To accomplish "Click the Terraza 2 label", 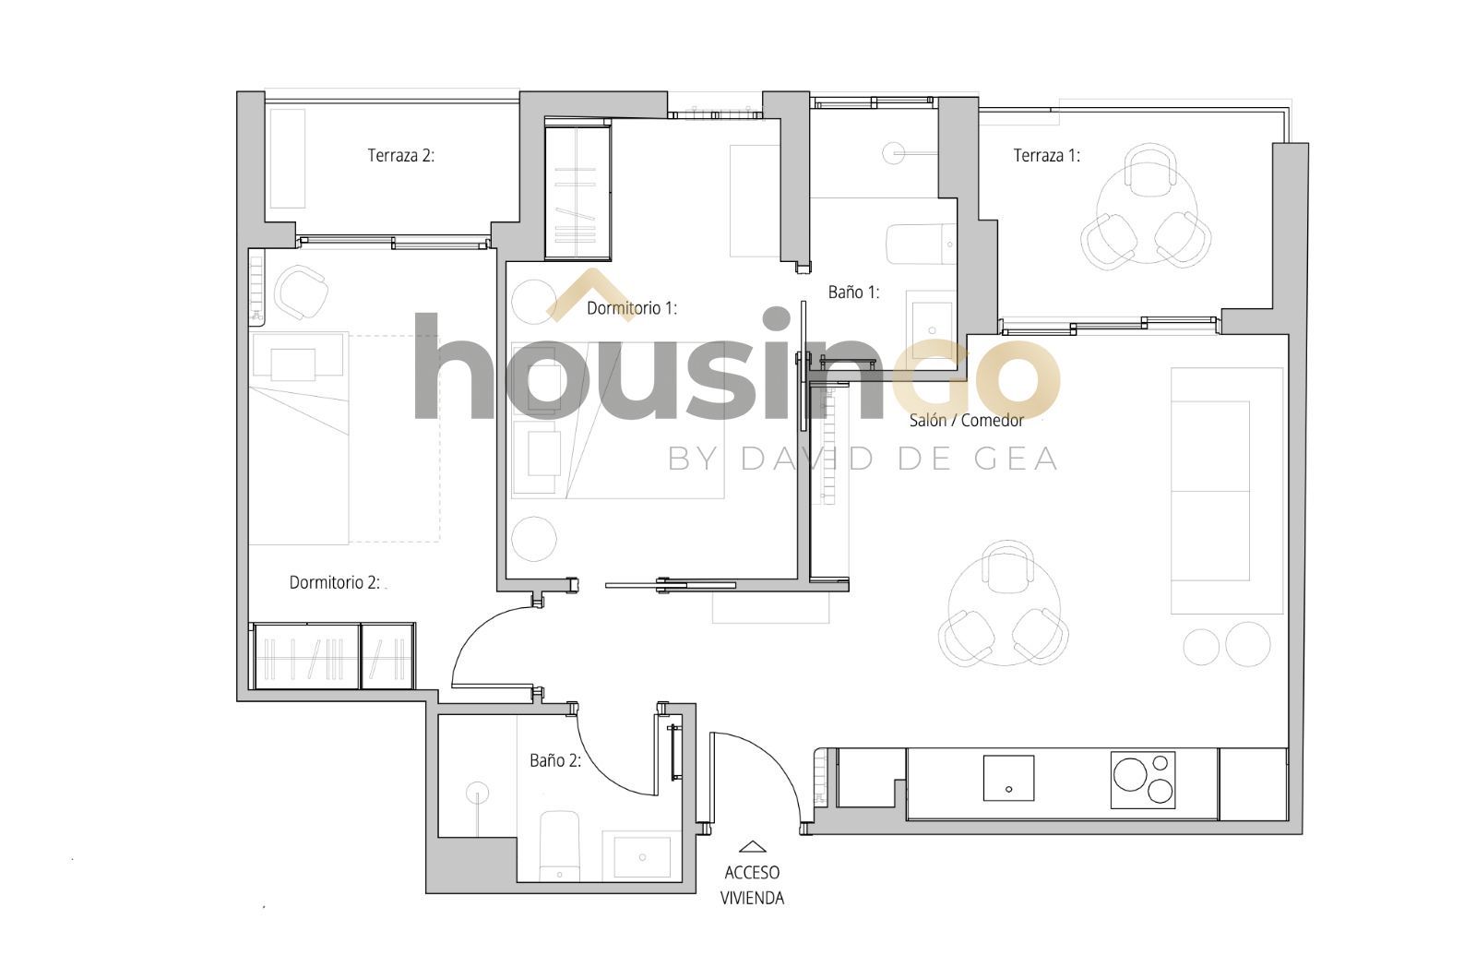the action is click(x=400, y=156).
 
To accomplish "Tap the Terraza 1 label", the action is click(x=1046, y=156).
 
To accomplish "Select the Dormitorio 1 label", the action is click(x=632, y=308).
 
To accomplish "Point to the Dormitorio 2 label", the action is click(x=335, y=582).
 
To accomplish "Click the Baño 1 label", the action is click(x=853, y=292).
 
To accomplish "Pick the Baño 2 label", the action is click(x=555, y=760).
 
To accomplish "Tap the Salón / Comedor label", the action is click(x=967, y=420).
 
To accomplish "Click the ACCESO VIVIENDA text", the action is click(x=752, y=885).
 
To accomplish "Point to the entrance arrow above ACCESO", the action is click(x=752, y=847).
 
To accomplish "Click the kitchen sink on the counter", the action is click(x=1008, y=778).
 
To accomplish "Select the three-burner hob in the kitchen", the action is click(x=1143, y=781).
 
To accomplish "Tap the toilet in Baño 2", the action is click(x=559, y=846).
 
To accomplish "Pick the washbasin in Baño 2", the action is click(x=642, y=857).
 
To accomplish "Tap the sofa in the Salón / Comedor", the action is click(x=1227, y=491).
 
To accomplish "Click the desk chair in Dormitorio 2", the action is click(x=301, y=292).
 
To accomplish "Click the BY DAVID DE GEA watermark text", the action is click(x=863, y=459).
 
